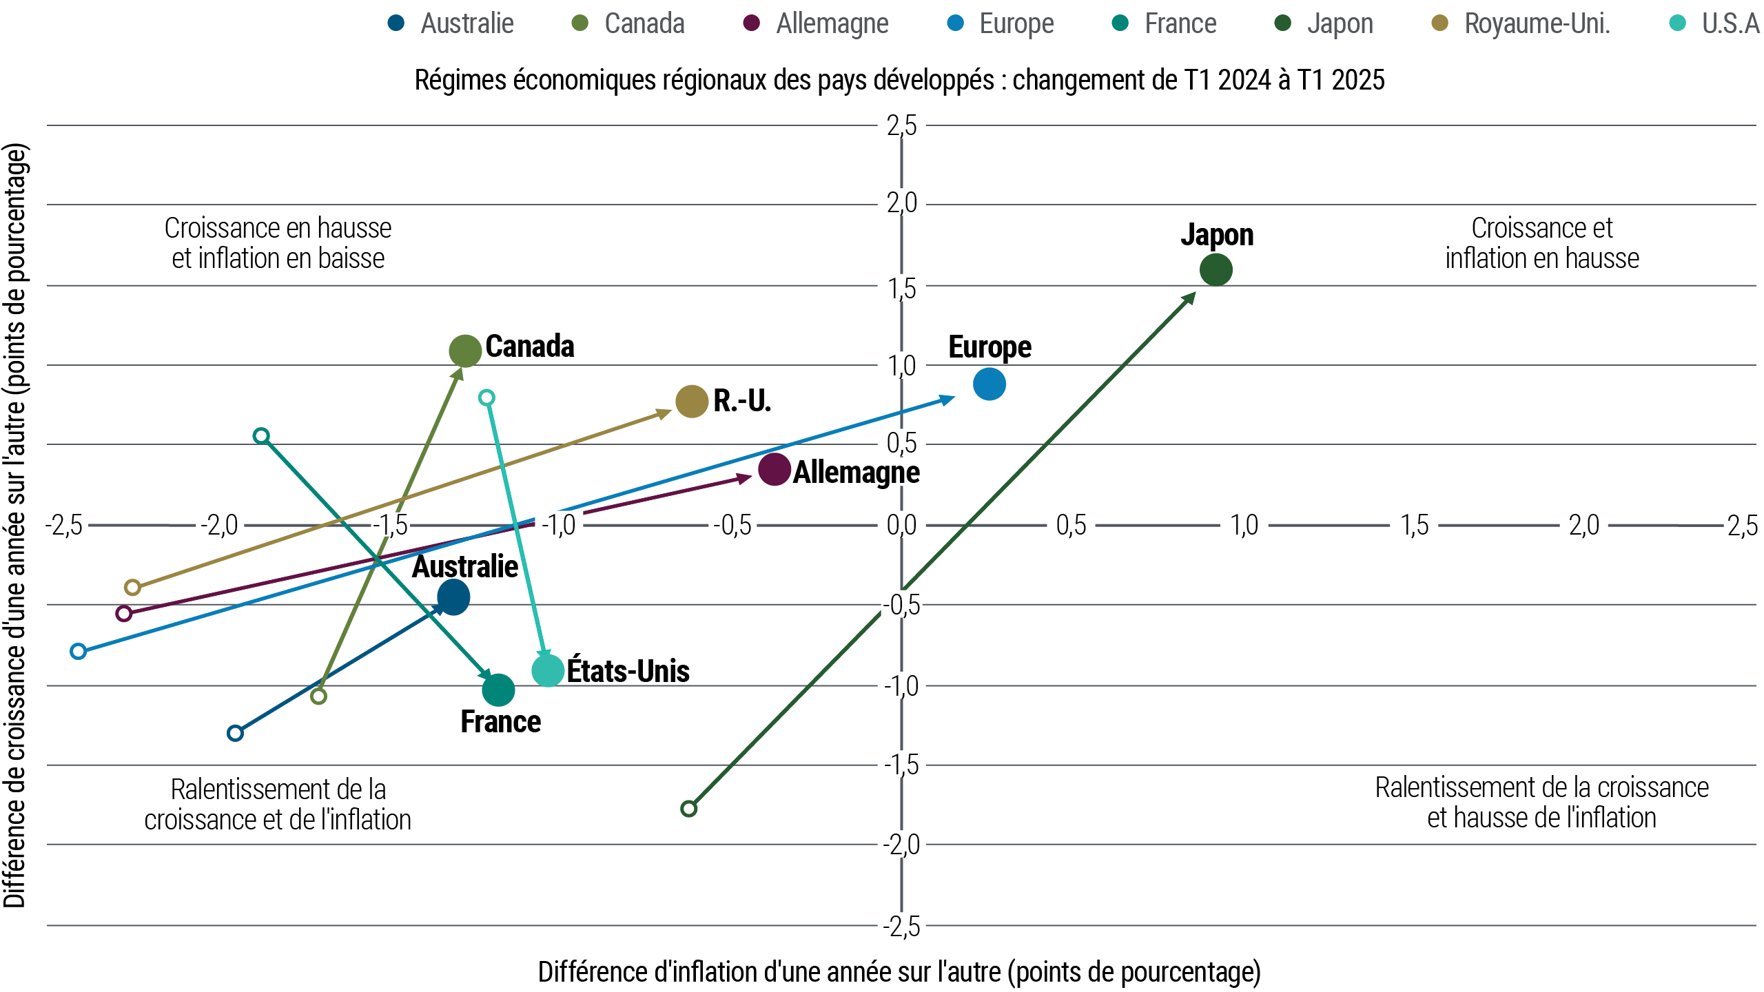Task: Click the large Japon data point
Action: point(1216,269)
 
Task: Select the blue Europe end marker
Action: point(989,384)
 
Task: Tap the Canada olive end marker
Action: point(465,351)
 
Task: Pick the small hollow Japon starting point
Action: point(688,808)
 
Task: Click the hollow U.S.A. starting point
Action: point(486,397)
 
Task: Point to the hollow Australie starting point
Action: point(235,733)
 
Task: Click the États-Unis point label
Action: point(628,671)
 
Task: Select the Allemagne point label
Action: point(856,473)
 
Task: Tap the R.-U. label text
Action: point(741,401)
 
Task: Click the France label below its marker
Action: point(500,722)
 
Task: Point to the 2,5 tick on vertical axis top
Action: point(901,125)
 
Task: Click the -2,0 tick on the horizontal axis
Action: point(219,525)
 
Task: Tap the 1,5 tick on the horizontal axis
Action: point(1414,525)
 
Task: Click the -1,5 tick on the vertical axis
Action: point(901,765)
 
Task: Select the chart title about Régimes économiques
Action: point(899,80)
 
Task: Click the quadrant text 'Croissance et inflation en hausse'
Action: point(1542,243)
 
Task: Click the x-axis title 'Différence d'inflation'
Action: point(899,972)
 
